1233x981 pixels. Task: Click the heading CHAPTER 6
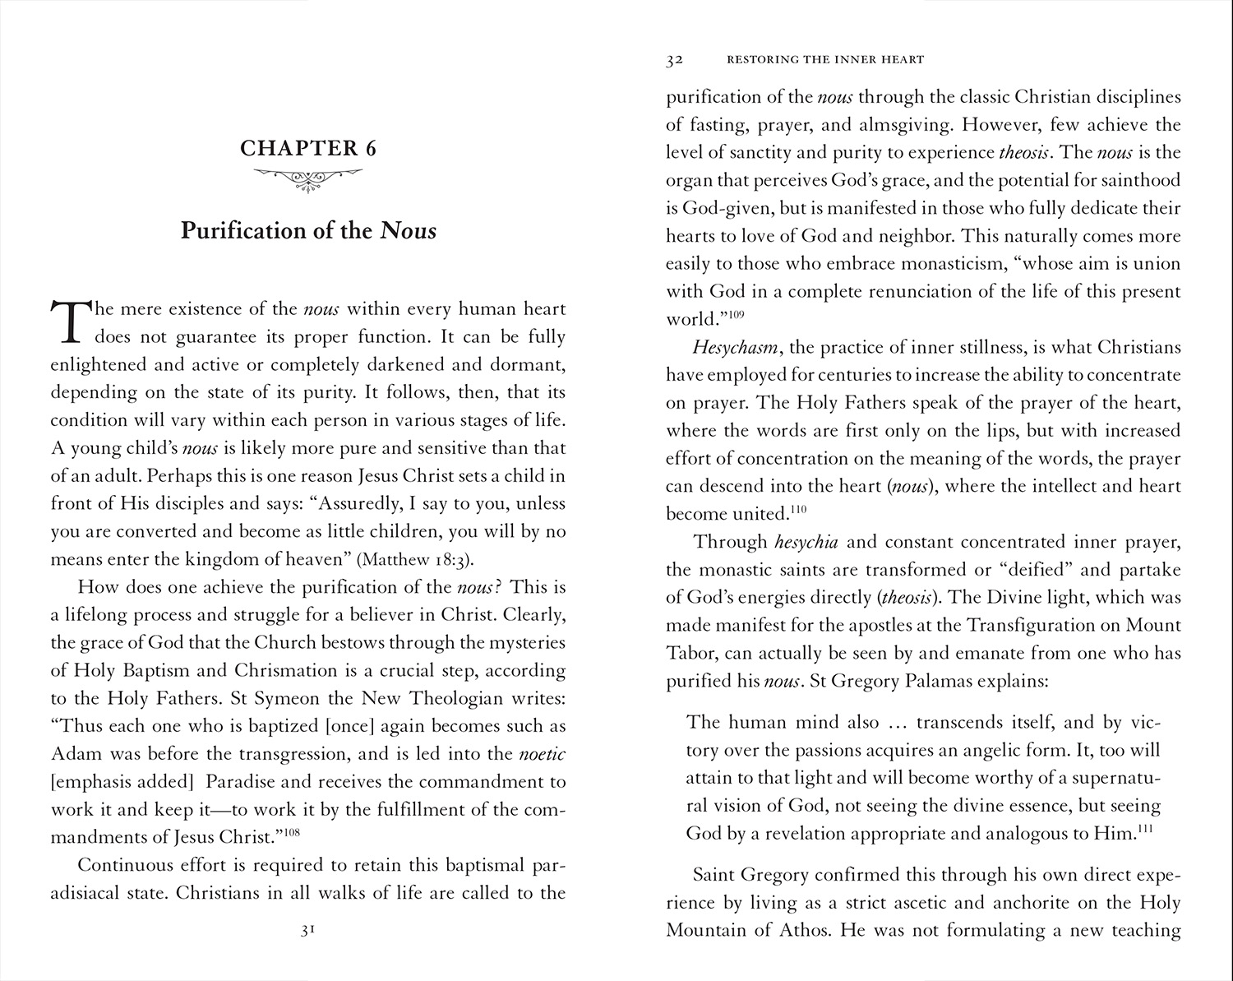pyautogui.click(x=308, y=149)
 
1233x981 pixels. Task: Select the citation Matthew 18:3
pyautogui.click(x=415, y=560)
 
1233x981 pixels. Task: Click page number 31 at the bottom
pyautogui.click(x=308, y=932)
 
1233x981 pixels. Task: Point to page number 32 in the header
pyautogui.click(x=675, y=59)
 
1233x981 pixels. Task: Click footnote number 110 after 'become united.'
pyautogui.click(x=798, y=509)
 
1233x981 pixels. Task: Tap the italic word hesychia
pyautogui.click(x=806, y=542)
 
